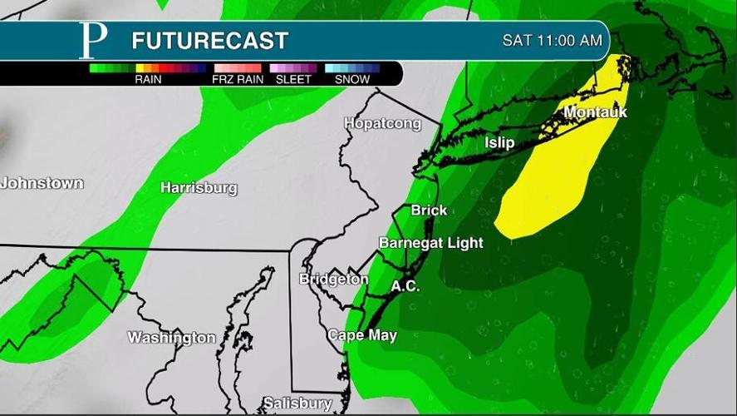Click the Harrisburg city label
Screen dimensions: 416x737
click(x=199, y=188)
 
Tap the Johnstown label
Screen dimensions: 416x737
click(x=42, y=183)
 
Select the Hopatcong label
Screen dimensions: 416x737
click(x=382, y=124)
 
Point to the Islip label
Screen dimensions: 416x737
click(x=499, y=143)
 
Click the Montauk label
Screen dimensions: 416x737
click(x=595, y=112)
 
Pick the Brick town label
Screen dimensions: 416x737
click(x=429, y=210)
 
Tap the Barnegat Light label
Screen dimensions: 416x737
click(x=430, y=243)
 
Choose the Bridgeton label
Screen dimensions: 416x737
click(x=333, y=279)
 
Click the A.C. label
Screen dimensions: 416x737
click(x=405, y=286)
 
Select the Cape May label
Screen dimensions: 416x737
click(x=361, y=335)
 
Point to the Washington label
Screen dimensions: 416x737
click(x=171, y=338)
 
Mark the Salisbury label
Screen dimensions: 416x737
click(x=297, y=404)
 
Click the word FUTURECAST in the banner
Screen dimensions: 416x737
click(x=209, y=40)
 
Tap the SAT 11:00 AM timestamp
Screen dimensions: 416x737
click(x=551, y=40)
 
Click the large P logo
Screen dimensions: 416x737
click(x=93, y=40)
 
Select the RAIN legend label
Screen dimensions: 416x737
click(x=147, y=80)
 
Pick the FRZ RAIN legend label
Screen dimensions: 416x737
click(x=237, y=80)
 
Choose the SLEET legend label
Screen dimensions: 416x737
click(x=293, y=80)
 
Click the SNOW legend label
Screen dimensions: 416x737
click(x=351, y=80)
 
